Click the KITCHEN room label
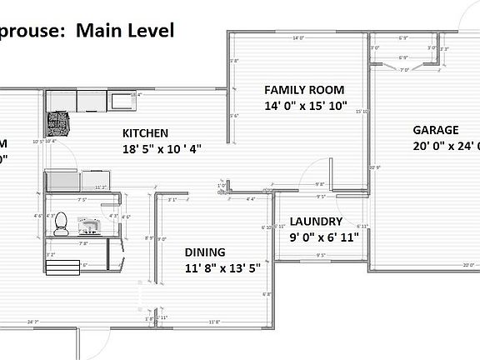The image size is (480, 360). pos(146,132)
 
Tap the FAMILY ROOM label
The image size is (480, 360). pos(304,90)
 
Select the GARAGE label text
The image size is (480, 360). pos(436,130)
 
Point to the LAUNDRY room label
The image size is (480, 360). pos(316,222)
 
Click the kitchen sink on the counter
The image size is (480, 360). pos(122,102)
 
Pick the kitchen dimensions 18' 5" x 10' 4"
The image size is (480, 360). pos(162,148)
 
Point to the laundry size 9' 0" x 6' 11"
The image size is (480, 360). pos(324,237)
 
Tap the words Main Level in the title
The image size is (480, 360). pos(125,31)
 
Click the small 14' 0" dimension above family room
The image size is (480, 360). pos(297,38)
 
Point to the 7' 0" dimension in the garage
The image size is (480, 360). pos(405,70)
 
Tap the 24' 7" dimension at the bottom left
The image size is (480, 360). pos(33,322)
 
